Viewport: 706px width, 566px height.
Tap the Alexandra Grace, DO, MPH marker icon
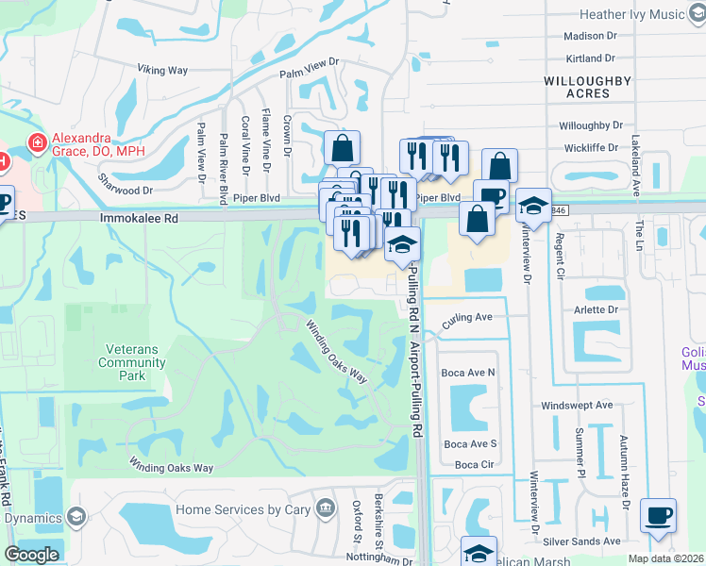[x=38, y=143]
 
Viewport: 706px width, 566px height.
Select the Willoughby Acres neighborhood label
[x=587, y=88]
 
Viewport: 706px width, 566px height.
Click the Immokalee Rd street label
[x=139, y=217]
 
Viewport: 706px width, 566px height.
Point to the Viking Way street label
[x=163, y=70]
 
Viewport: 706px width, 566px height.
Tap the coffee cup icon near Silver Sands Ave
[x=658, y=516]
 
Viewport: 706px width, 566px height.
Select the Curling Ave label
[x=468, y=317]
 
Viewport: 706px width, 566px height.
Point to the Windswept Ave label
[x=577, y=406]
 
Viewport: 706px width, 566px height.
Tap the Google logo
[x=31, y=555]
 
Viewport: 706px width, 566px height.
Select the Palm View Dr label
[x=309, y=62]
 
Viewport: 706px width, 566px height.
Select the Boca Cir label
[x=474, y=465]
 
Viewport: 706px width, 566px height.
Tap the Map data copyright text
[x=665, y=558]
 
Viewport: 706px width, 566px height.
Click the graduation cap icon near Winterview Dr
[x=533, y=208]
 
